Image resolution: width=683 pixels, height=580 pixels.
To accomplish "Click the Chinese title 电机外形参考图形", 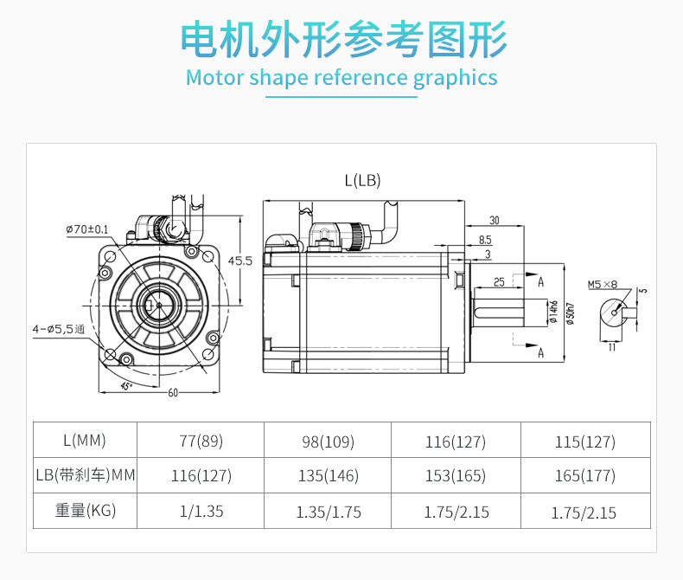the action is click(x=344, y=39).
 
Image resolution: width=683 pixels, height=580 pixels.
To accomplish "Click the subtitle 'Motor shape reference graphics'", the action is click(x=341, y=78).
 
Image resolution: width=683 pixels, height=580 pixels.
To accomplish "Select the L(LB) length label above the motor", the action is click(x=362, y=180).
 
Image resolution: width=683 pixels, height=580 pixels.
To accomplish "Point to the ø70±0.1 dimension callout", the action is click(x=87, y=229).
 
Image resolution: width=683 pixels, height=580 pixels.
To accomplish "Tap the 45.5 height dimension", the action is click(x=240, y=261).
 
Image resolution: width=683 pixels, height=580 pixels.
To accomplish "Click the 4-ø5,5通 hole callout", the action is click(x=59, y=329).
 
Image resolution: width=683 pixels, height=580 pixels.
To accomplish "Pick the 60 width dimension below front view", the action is click(x=173, y=393).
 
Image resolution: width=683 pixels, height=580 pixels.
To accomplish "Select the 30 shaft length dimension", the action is click(x=494, y=220).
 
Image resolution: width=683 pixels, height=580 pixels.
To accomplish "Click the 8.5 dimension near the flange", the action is click(x=485, y=240).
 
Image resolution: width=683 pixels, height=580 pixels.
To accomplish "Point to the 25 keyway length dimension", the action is click(x=499, y=282).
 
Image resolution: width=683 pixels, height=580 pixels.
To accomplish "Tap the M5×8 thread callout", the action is click(x=603, y=284).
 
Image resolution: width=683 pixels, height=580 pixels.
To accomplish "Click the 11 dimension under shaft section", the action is click(x=612, y=347).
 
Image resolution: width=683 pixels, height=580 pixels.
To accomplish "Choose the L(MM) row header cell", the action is click(x=85, y=440).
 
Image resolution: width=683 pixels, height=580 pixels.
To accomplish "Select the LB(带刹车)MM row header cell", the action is click(x=85, y=475).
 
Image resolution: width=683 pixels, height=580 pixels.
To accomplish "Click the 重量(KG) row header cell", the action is click(x=85, y=511).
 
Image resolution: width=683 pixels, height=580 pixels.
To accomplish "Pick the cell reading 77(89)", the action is click(x=201, y=441).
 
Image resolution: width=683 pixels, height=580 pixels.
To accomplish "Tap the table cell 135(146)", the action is click(x=328, y=475).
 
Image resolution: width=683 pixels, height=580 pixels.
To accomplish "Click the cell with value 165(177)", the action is click(x=585, y=475).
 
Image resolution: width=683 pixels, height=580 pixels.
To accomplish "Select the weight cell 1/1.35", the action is click(x=201, y=511).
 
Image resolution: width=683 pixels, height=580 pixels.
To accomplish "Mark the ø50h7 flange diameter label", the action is click(x=571, y=313).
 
